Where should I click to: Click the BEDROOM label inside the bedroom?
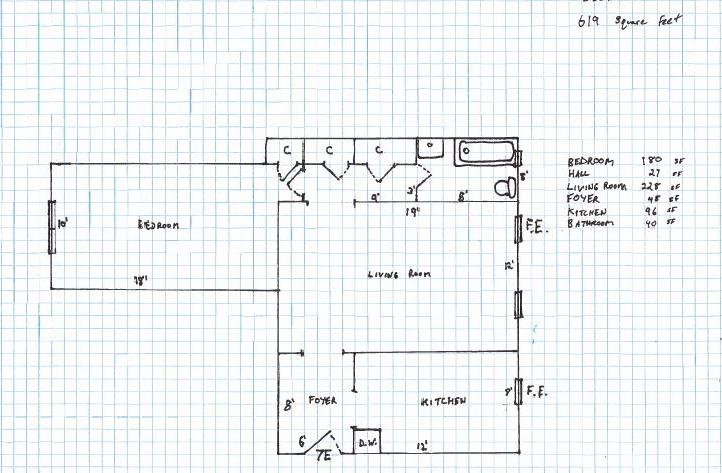(x=158, y=225)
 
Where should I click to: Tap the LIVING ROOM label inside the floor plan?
(x=397, y=275)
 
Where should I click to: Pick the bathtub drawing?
(x=488, y=154)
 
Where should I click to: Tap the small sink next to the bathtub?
(x=429, y=148)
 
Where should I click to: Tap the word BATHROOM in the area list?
(x=593, y=224)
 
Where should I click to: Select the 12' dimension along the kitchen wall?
(x=424, y=447)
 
